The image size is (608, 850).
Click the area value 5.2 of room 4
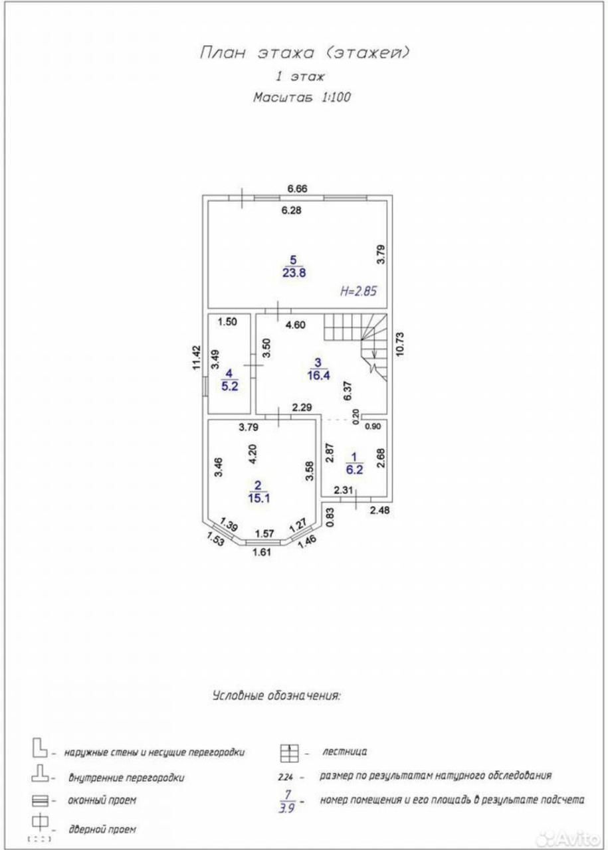coord(230,386)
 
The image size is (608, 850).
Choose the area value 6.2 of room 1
coord(354,469)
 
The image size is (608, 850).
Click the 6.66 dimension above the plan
coord(297,189)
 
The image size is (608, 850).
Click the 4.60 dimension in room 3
coord(296,325)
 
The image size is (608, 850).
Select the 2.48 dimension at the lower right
coord(379,510)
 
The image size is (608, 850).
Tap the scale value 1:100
coord(336,98)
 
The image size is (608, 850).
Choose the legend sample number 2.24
coord(286,776)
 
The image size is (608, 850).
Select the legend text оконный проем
coord(102,801)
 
